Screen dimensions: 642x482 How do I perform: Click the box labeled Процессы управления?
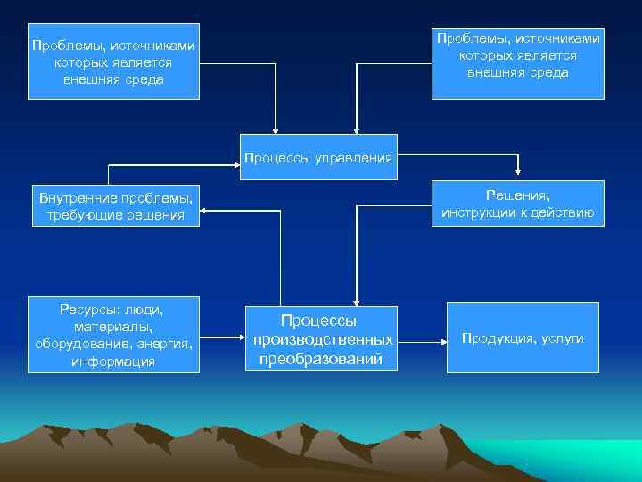(317, 158)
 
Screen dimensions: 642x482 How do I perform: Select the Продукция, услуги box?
(523, 338)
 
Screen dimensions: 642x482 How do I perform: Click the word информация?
(113, 361)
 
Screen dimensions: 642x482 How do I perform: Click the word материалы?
(113, 327)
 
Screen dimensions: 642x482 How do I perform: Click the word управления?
(351, 158)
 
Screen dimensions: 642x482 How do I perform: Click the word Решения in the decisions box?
(518, 195)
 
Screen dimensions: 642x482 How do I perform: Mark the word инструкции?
(481, 212)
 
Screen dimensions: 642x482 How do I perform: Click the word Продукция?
(500, 338)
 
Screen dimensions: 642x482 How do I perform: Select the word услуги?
(562, 338)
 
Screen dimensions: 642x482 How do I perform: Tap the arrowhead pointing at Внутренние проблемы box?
(202, 211)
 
